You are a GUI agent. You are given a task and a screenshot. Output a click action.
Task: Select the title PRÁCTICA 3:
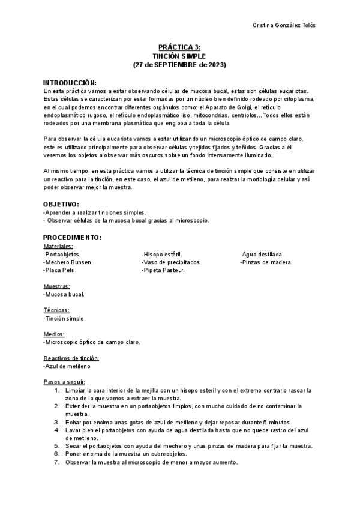point(179,46)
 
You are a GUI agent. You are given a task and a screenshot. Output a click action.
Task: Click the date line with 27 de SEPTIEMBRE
point(179,64)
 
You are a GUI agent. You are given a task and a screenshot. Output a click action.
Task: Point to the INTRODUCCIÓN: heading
point(70,82)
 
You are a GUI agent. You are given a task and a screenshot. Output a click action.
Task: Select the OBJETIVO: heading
point(61,204)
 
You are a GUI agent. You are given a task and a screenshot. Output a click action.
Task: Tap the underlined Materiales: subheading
point(58,246)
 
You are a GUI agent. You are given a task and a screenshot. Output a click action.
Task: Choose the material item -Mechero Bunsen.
point(68,262)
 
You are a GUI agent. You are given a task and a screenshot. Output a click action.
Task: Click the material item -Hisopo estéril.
point(162,254)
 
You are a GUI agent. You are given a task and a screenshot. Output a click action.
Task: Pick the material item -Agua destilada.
point(262,254)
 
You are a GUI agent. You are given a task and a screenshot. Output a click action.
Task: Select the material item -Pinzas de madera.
point(266,262)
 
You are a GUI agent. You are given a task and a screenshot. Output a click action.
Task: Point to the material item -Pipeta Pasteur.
point(163,270)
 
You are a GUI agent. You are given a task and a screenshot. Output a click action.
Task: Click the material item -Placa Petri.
point(60,270)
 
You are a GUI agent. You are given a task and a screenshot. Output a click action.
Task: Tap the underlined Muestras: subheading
point(56,286)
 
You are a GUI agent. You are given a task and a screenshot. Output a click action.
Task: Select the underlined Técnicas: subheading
point(56,310)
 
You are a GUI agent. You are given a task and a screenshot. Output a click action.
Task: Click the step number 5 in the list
point(56,446)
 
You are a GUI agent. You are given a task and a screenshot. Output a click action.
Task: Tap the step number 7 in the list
point(56,462)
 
